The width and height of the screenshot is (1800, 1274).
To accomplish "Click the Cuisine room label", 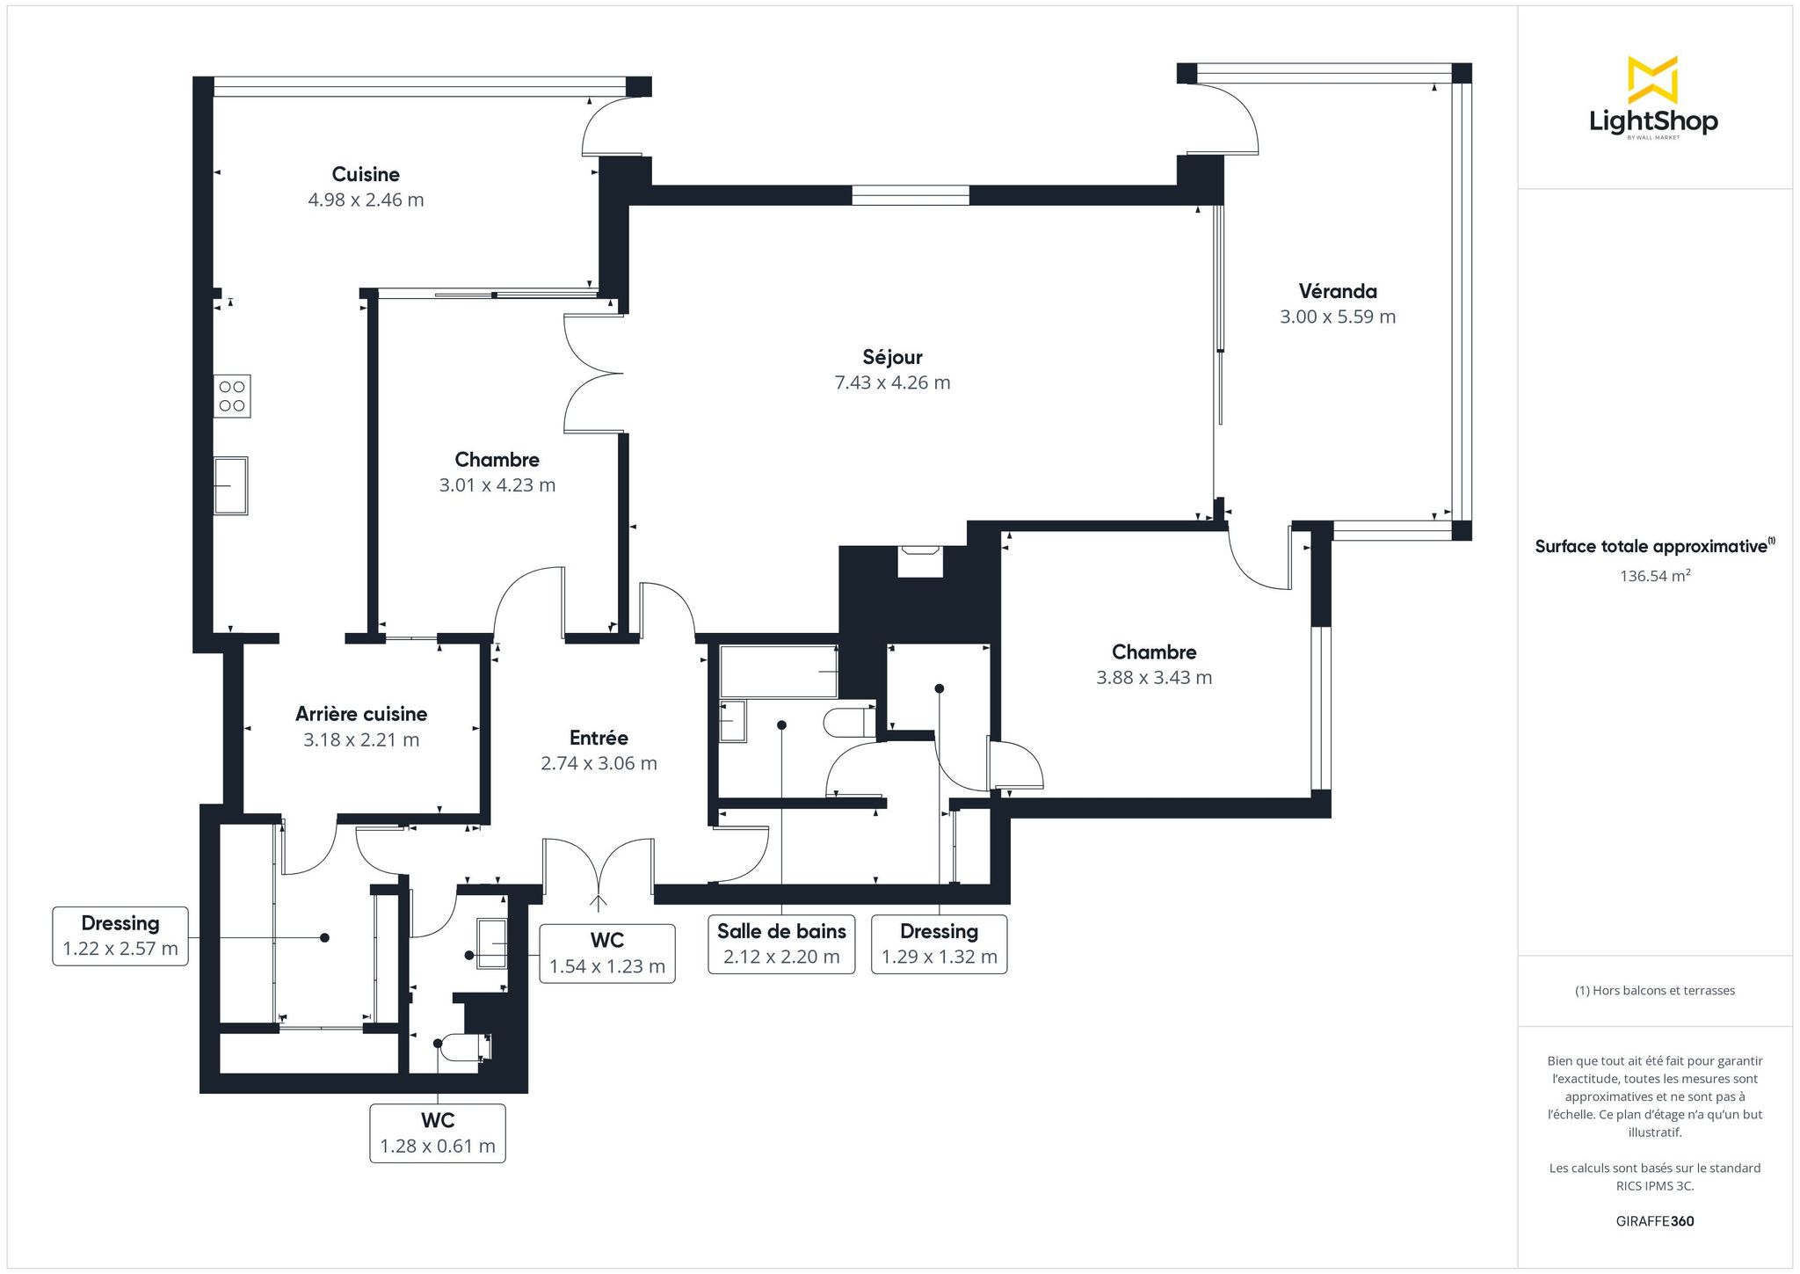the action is pyautogui.click(x=366, y=174).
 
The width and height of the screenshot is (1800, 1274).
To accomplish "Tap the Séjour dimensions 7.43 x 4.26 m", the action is pyautogui.click(x=892, y=382).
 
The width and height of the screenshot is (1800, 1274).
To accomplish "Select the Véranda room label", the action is pyautogui.click(x=1338, y=291).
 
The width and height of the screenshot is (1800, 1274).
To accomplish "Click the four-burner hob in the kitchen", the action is pyautogui.click(x=232, y=396).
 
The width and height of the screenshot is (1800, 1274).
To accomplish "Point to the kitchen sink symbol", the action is pyautogui.click(x=231, y=484).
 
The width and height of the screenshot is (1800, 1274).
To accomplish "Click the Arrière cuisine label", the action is pyautogui.click(x=361, y=714).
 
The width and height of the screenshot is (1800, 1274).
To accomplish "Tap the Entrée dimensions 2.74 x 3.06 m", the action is pyautogui.click(x=599, y=763).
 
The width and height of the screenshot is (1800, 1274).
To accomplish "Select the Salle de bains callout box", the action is pyautogui.click(x=781, y=943).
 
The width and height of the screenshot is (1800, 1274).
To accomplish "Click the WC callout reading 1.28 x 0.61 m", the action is pyautogui.click(x=438, y=1133).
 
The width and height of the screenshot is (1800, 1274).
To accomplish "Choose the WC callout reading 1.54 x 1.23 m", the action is pyautogui.click(x=607, y=953).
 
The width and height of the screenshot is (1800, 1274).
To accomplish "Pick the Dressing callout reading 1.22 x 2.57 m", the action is pyautogui.click(x=120, y=936).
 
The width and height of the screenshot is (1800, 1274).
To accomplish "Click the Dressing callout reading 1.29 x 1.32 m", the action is pyautogui.click(x=940, y=943).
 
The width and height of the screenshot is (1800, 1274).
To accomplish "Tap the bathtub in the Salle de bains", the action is pyautogui.click(x=779, y=672).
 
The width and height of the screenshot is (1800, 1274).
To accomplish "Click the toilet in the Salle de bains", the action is pyautogui.click(x=850, y=723).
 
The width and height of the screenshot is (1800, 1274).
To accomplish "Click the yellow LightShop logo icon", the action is pyautogui.click(x=1653, y=79).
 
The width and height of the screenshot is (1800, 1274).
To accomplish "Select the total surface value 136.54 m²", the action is pyautogui.click(x=1655, y=576).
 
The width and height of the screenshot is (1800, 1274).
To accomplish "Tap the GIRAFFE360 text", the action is pyautogui.click(x=1655, y=1221).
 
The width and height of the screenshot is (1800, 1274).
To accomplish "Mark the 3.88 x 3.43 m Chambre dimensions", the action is pyautogui.click(x=1154, y=678).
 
